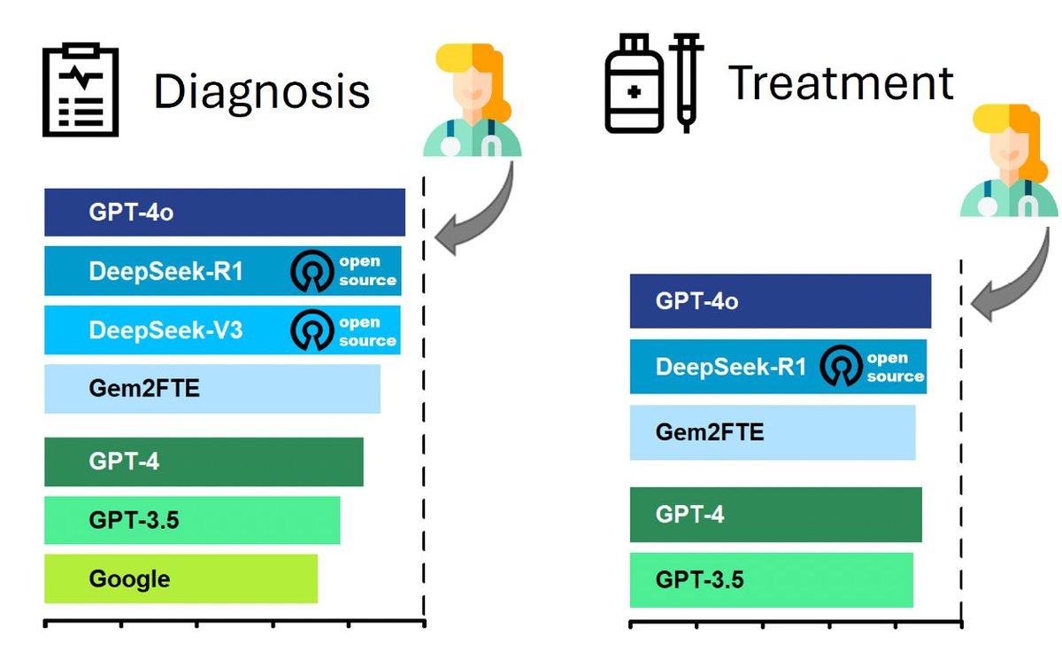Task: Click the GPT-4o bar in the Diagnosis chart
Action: (x=224, y=212)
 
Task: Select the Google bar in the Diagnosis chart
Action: (x=181, y=579)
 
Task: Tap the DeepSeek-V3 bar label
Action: (x=165, y=330)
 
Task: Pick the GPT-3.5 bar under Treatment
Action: (x=771, y=580)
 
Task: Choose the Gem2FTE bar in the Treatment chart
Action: (x=772, y=432)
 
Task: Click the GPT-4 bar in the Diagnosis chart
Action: (x=204, y=462)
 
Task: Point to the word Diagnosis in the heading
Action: (x=261, y=92)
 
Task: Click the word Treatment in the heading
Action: (x=841, y=83)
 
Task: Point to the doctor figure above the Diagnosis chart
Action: (x=473, y=99)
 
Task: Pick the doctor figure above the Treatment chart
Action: (x=1010, y=160)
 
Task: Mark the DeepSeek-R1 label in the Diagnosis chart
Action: (x=165, y=271)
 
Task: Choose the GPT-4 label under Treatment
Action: (x=689, y=514)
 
